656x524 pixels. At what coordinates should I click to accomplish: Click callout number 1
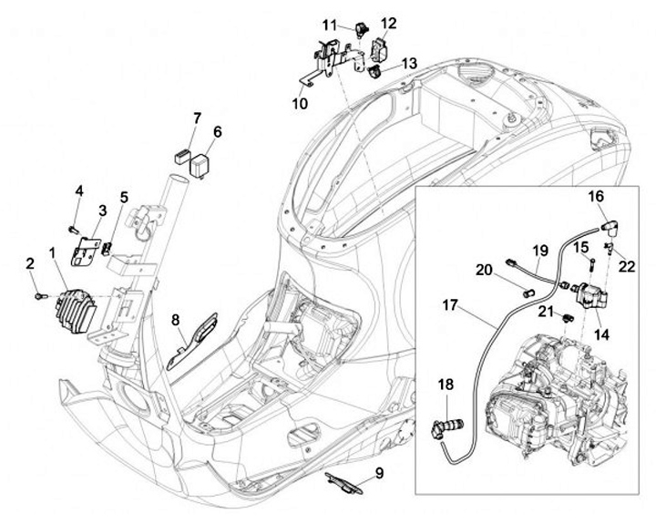coord(52,252)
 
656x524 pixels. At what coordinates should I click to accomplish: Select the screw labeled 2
coord(41,296)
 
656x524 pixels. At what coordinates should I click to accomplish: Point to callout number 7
coord(197,118)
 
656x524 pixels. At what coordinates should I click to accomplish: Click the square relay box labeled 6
coord(200,165)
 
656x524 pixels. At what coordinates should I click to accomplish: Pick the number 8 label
coord(175,320)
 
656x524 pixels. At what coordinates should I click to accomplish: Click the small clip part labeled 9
coord(343,483)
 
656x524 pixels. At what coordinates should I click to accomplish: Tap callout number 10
coord(300,103)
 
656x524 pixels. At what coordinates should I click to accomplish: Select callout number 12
coord(389,24)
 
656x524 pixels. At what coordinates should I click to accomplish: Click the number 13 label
coord(409,63)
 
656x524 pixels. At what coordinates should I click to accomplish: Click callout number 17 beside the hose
coord(450,305)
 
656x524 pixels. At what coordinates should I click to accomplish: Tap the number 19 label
coord(540,252)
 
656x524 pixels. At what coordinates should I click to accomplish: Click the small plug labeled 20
coord(528,293)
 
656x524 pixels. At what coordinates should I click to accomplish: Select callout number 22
coord(627,267)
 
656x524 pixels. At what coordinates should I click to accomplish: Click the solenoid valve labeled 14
coord(591,296)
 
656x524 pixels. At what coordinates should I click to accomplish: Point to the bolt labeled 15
coord(593,263)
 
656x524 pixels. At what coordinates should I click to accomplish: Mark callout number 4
coord(79,191)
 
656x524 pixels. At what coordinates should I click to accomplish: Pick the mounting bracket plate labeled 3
coord(86,252)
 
